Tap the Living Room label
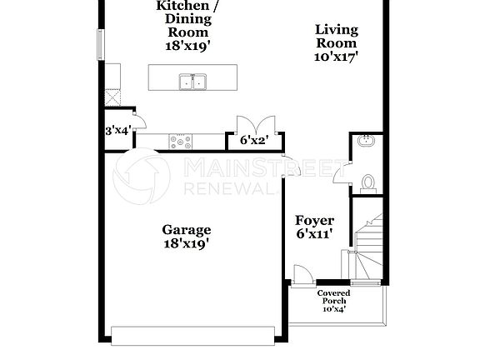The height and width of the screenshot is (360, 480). (336, 37)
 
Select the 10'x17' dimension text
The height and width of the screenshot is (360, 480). (336, 57)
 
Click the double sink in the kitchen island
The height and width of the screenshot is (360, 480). (192, 81)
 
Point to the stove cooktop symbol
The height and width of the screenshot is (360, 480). (181, 140)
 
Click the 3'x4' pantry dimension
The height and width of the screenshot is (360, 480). (118, 131)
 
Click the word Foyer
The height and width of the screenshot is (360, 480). (315, 221)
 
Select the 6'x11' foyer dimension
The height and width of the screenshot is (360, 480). (315, 234)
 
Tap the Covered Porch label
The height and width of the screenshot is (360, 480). (333, 297)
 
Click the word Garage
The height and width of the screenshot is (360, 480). (186, 230)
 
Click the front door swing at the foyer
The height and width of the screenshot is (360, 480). (301, 274)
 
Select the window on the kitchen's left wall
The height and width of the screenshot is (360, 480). (102, 43)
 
